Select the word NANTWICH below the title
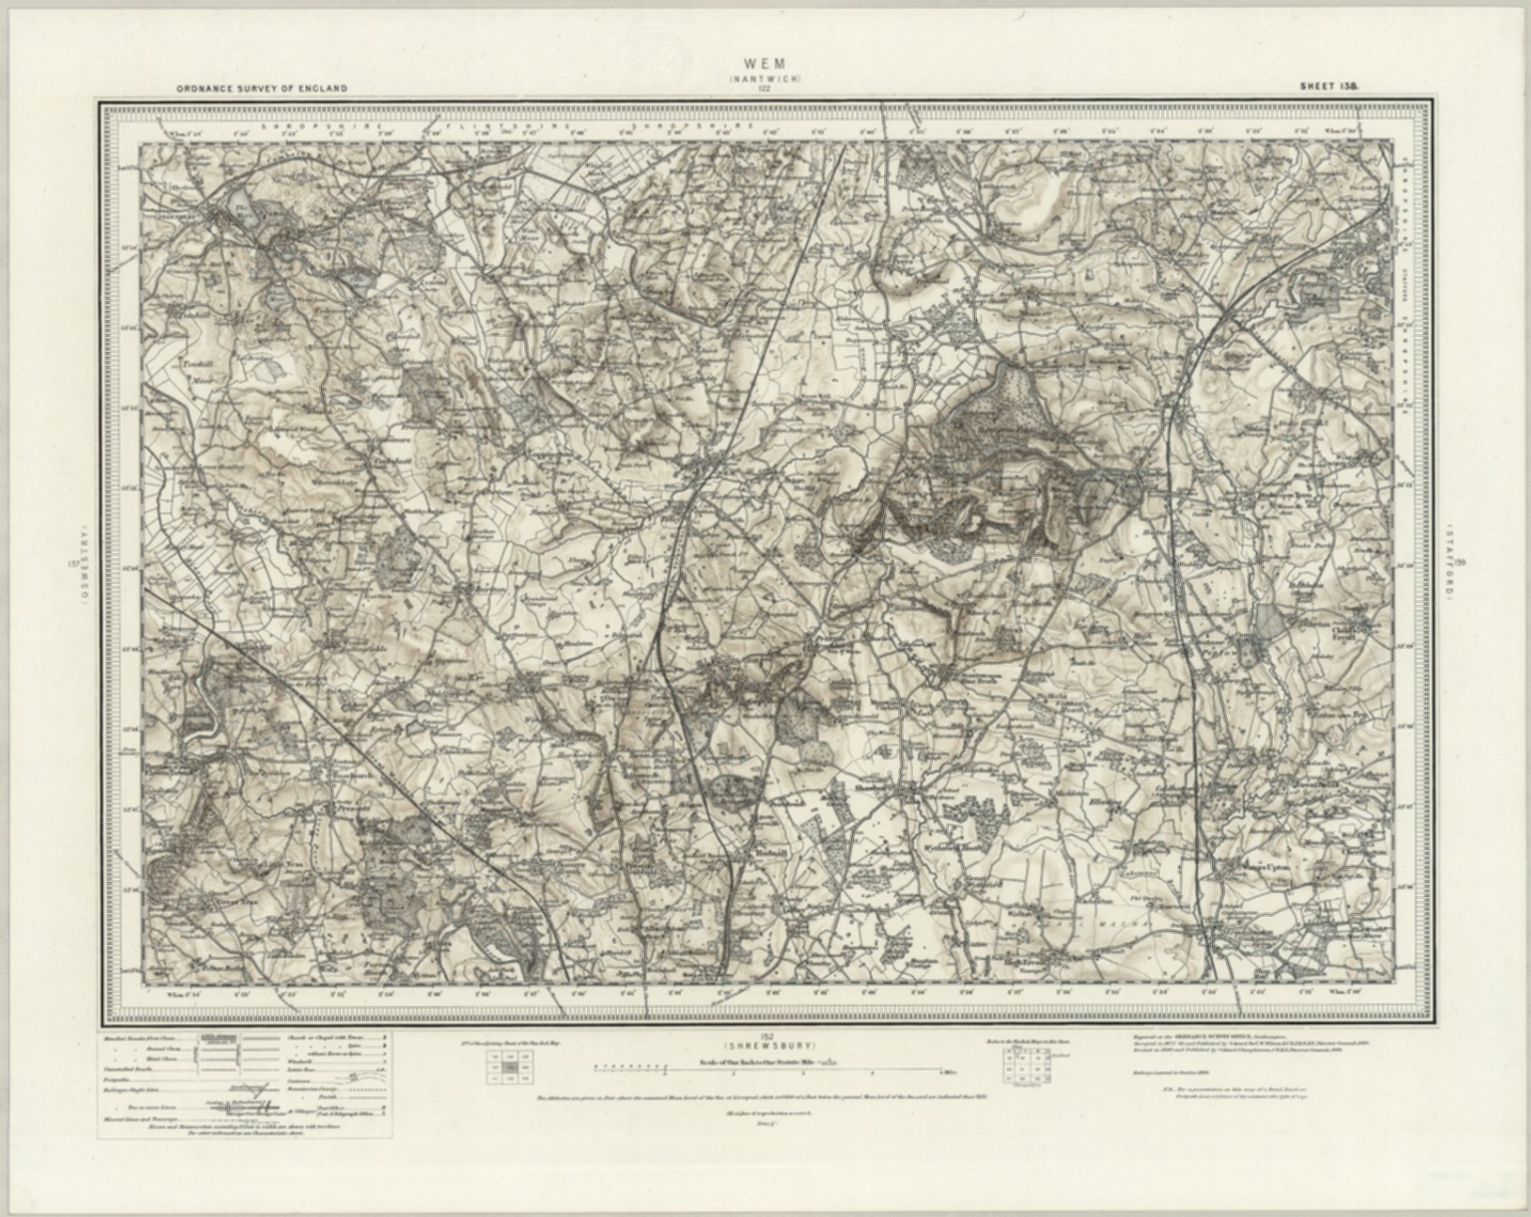coord(765,79)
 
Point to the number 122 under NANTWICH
coord(765,89)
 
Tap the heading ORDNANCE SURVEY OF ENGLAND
coord(262,89)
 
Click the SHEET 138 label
coord(1330,87)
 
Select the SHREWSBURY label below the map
coord(765,1045)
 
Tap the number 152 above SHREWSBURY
coord(765,1036)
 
